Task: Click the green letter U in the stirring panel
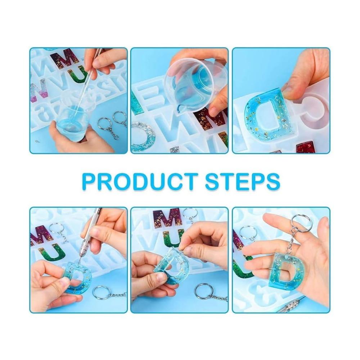coord(79,75)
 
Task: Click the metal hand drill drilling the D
coord(92,239)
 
